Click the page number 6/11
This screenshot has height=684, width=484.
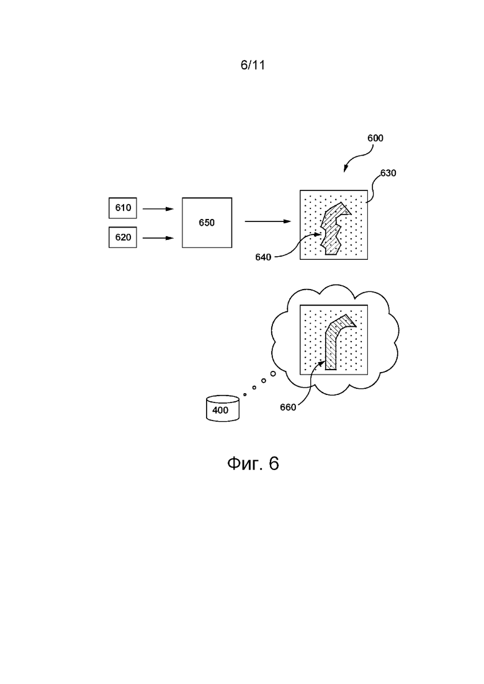click(x=253, y=65)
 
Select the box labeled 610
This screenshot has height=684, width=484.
click(x=123, y=208)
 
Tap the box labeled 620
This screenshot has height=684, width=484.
click(x=123, y=238)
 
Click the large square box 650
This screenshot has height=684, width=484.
click(x=207, y=223)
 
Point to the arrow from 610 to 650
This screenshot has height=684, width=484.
click(x=158, y=209)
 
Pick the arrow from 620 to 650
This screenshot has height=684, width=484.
click(x=158, y=238)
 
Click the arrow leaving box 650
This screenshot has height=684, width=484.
click(x=267, y=221)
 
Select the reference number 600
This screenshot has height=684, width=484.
click(x=375, y=138)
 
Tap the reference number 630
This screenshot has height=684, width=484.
click(x=388, y=173)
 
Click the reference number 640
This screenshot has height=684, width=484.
click(x=263, y=257)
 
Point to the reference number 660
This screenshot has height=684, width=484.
click(x=288, y=407)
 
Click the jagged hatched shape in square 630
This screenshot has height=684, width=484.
click(x=334, y=229)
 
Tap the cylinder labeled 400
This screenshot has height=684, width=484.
click(x=223, y=408)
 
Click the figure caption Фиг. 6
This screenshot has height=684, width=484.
click(x=253, y=463)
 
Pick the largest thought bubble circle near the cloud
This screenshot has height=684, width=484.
click(x=273, y=373)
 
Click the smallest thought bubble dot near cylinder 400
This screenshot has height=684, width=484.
click(x=245, y=395)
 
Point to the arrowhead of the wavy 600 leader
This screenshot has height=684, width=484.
click(x=345, y=170)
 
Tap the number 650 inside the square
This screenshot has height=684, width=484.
click(x=207, y=223)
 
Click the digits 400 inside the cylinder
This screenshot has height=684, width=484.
click(x=220, y=410)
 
